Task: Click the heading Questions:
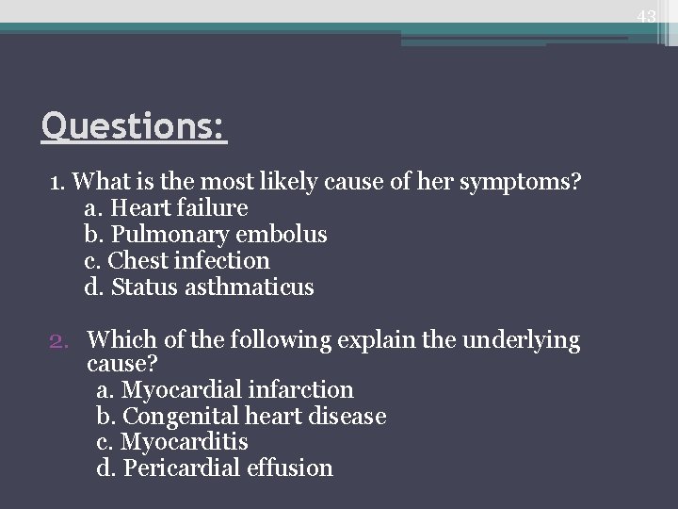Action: pyautogui.click(x=134, y=124)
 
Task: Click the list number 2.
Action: pyautogui.click(x=57, y=338)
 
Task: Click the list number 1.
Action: pyautogui.click(x=56, y=181)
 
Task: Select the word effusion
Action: pyautogui.click(x=293, y=468)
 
